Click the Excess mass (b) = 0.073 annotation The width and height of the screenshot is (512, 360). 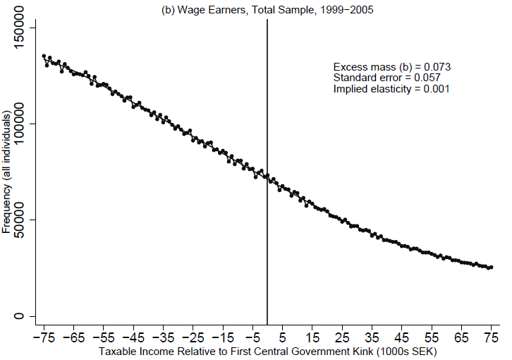point(391,66)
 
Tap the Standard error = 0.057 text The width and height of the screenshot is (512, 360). point(386,78)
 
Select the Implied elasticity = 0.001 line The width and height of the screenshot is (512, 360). point(391,89)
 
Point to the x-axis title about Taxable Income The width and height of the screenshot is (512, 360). point(267,351)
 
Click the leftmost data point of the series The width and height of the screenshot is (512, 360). point(44,56)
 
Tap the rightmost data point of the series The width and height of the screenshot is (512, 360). point(492,268)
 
